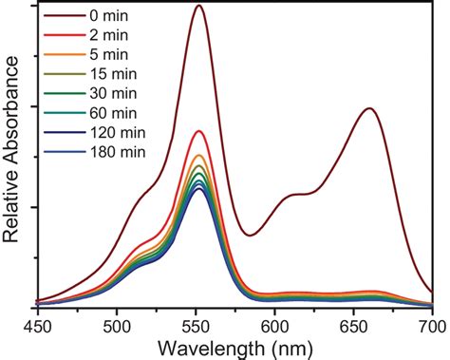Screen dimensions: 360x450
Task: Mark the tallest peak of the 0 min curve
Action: [198, 6]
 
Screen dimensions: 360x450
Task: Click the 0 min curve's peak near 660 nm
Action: [368, 108]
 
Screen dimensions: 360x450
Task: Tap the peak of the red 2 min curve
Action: [198, 131]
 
